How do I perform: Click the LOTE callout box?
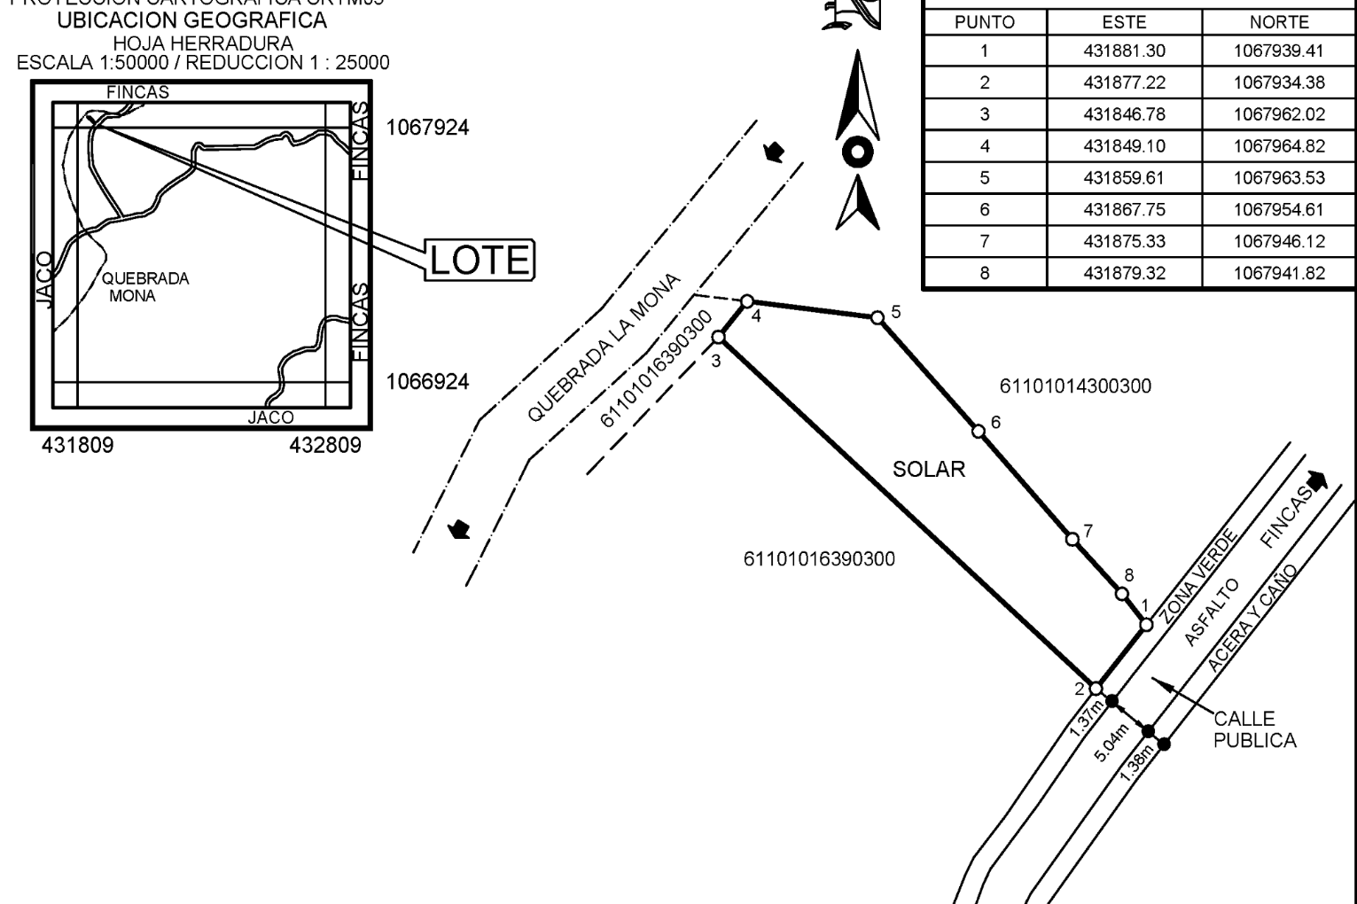click(480, 260)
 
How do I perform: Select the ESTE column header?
click(1124, 22)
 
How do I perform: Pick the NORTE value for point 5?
click(1279, 178)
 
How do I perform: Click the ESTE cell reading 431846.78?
click(1124, 114)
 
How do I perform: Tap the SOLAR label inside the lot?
click(928, 470)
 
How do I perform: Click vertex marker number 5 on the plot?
click(877, 317)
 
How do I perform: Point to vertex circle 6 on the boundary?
click(979, 432)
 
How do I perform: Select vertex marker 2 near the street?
click(1096, 689)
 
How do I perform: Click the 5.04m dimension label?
click(1111, 743)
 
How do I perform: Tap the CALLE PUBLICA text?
click(1254, 729)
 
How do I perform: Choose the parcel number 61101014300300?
click(1075, 386)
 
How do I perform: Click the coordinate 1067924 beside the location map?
click(428, 128)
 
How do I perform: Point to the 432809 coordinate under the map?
click(325, 445)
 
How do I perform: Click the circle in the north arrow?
click(857, 152)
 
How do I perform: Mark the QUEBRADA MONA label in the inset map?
click(145, 287)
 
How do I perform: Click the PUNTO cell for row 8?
click(984, 274)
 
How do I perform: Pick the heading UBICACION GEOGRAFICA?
click(191, 21)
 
